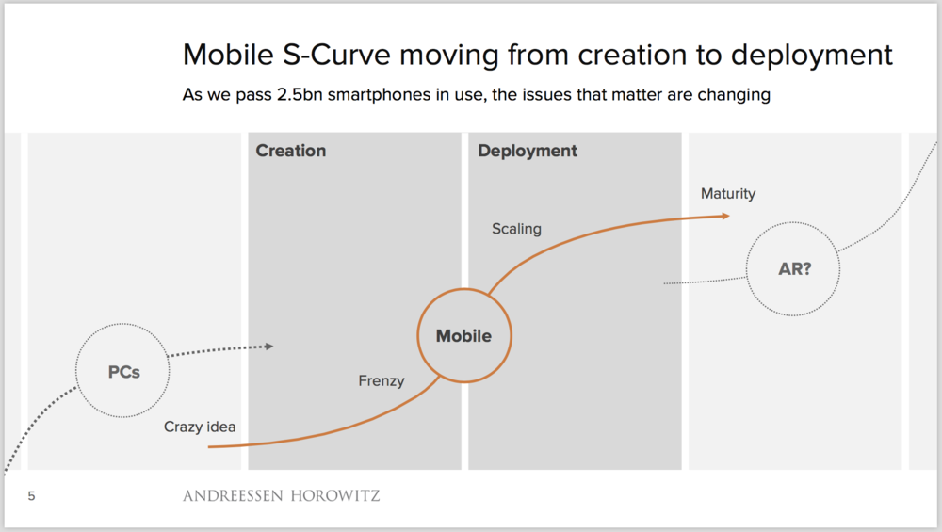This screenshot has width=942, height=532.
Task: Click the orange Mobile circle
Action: click(463, 335)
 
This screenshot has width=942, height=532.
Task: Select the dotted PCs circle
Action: click(123, 371)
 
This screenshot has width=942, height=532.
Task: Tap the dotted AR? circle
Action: click(794, 268)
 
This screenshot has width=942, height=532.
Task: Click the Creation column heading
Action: click(291, 151)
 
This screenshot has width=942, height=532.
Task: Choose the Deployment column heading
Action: click(528, 151)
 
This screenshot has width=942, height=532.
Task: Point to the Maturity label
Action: click(728, 194)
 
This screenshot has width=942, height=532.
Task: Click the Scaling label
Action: click(516, 229)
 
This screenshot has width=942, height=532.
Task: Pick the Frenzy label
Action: click(382, 381)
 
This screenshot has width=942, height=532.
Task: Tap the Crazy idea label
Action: click(200, 427)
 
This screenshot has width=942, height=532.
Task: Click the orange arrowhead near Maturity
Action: click(724, 216)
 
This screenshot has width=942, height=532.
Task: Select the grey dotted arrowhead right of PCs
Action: click(269, 347)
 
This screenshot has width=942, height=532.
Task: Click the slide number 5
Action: click(32, 495)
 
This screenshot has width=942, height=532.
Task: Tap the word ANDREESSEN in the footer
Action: click(231, 495)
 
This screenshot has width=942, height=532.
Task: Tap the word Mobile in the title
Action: click(228, 55)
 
